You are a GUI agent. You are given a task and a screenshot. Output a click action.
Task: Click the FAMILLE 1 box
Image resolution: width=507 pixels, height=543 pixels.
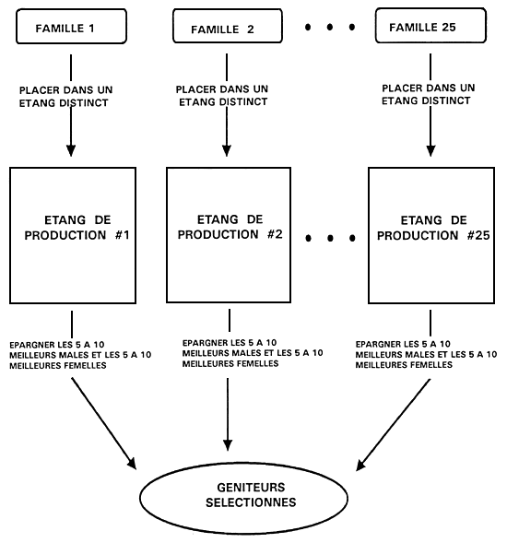point(71,27)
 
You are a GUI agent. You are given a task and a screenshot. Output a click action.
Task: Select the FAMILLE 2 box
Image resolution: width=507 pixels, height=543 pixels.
point(224,27)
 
